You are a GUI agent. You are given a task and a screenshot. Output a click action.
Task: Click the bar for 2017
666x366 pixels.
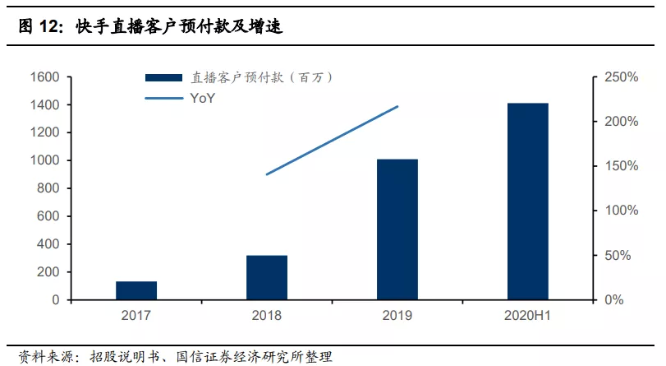136,290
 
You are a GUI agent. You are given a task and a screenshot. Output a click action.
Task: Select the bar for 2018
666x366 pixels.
267,278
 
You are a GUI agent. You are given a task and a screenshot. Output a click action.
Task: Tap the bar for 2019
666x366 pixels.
397,229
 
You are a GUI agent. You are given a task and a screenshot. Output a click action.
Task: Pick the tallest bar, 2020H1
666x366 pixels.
528,202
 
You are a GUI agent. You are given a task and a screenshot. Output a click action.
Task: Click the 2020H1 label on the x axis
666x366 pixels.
528,314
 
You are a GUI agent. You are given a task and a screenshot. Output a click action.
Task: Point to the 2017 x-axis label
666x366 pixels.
136,314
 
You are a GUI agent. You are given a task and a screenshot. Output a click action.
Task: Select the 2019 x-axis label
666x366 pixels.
397,314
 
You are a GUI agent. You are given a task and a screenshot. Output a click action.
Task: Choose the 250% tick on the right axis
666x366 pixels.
621,77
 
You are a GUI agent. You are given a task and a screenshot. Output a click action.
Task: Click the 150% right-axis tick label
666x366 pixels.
621,166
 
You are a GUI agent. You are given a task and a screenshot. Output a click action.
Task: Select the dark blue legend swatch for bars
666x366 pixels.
164,78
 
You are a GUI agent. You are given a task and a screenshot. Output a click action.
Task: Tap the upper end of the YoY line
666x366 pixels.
397,106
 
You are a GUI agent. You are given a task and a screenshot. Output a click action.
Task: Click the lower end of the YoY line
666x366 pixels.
267,174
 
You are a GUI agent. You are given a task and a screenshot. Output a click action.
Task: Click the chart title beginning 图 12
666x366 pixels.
150,27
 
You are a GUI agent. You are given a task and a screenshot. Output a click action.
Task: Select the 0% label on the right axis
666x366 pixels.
614,300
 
